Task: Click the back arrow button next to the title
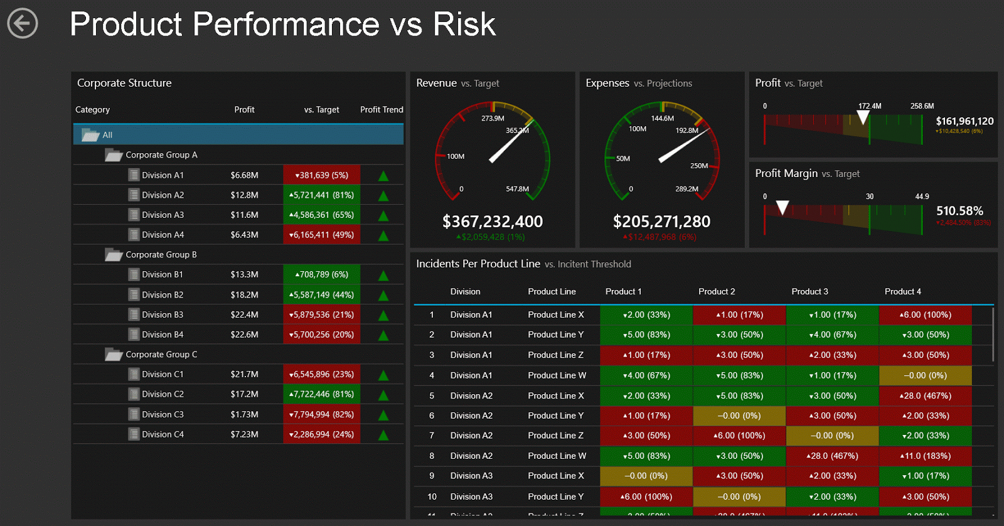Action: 23,24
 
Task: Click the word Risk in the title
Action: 464,25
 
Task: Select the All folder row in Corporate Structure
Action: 238,135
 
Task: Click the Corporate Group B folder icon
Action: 113,255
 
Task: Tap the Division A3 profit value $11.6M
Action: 244,215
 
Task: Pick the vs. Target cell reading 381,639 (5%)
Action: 321,175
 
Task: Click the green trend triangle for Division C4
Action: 383,435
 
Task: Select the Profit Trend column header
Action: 382,110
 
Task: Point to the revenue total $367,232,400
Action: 493,222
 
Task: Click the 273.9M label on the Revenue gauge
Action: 493,119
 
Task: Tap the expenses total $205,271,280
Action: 661,222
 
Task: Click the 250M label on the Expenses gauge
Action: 698,166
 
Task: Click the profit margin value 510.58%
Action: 959,211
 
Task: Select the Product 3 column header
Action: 809,292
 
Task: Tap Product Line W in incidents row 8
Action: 557,456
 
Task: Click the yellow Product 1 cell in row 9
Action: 646,476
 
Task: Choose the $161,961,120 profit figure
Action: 964,121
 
